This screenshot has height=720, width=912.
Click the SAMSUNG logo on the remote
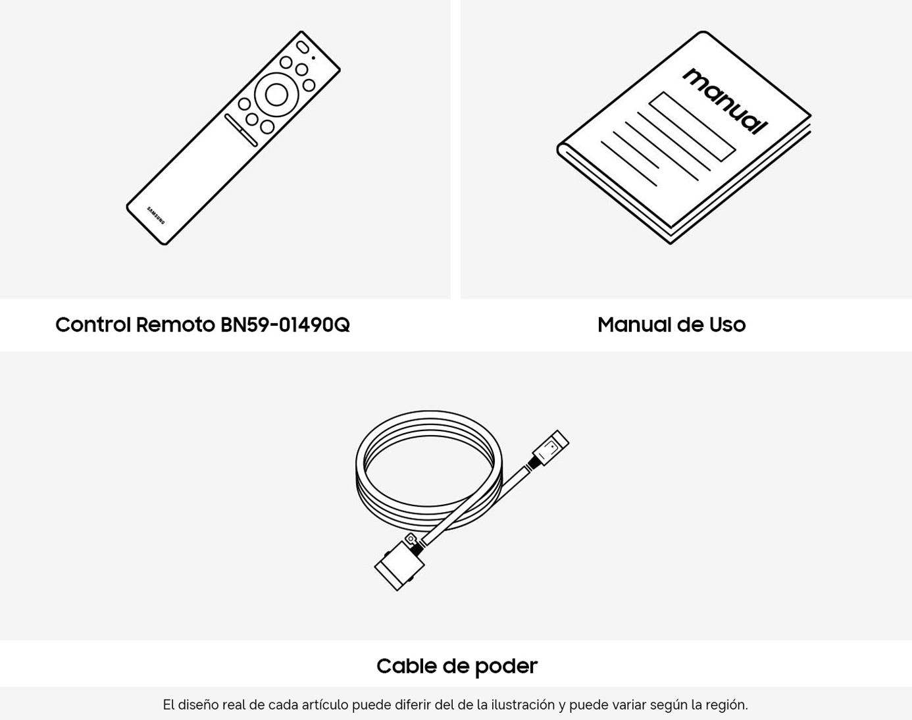pyautogui.click(x=155, y=215)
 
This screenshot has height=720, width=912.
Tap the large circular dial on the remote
pyautogui.click(x=276, y=94)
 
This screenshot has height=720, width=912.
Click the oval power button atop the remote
pyautogui.click(x=302, y=47)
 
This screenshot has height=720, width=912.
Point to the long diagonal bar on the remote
pyautogui.click(x=241, y=130)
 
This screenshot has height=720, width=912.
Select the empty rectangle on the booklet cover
pyautogui.click(x=692, y=126)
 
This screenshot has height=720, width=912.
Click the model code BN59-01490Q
pyautogui.click(x=285, y=325)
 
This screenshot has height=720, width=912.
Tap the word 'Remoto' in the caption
pyautogui.click(x=176, y=325)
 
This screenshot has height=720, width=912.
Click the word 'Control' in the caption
pyautogui.click(x=93, y=325)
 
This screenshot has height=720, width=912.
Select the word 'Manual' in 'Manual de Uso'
pyautogui.click(x=634, y=325)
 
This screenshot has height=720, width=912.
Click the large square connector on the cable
pyautogui.click(x=399, y=565)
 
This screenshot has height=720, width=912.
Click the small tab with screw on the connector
pyautogui.click(x=411, y=539)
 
